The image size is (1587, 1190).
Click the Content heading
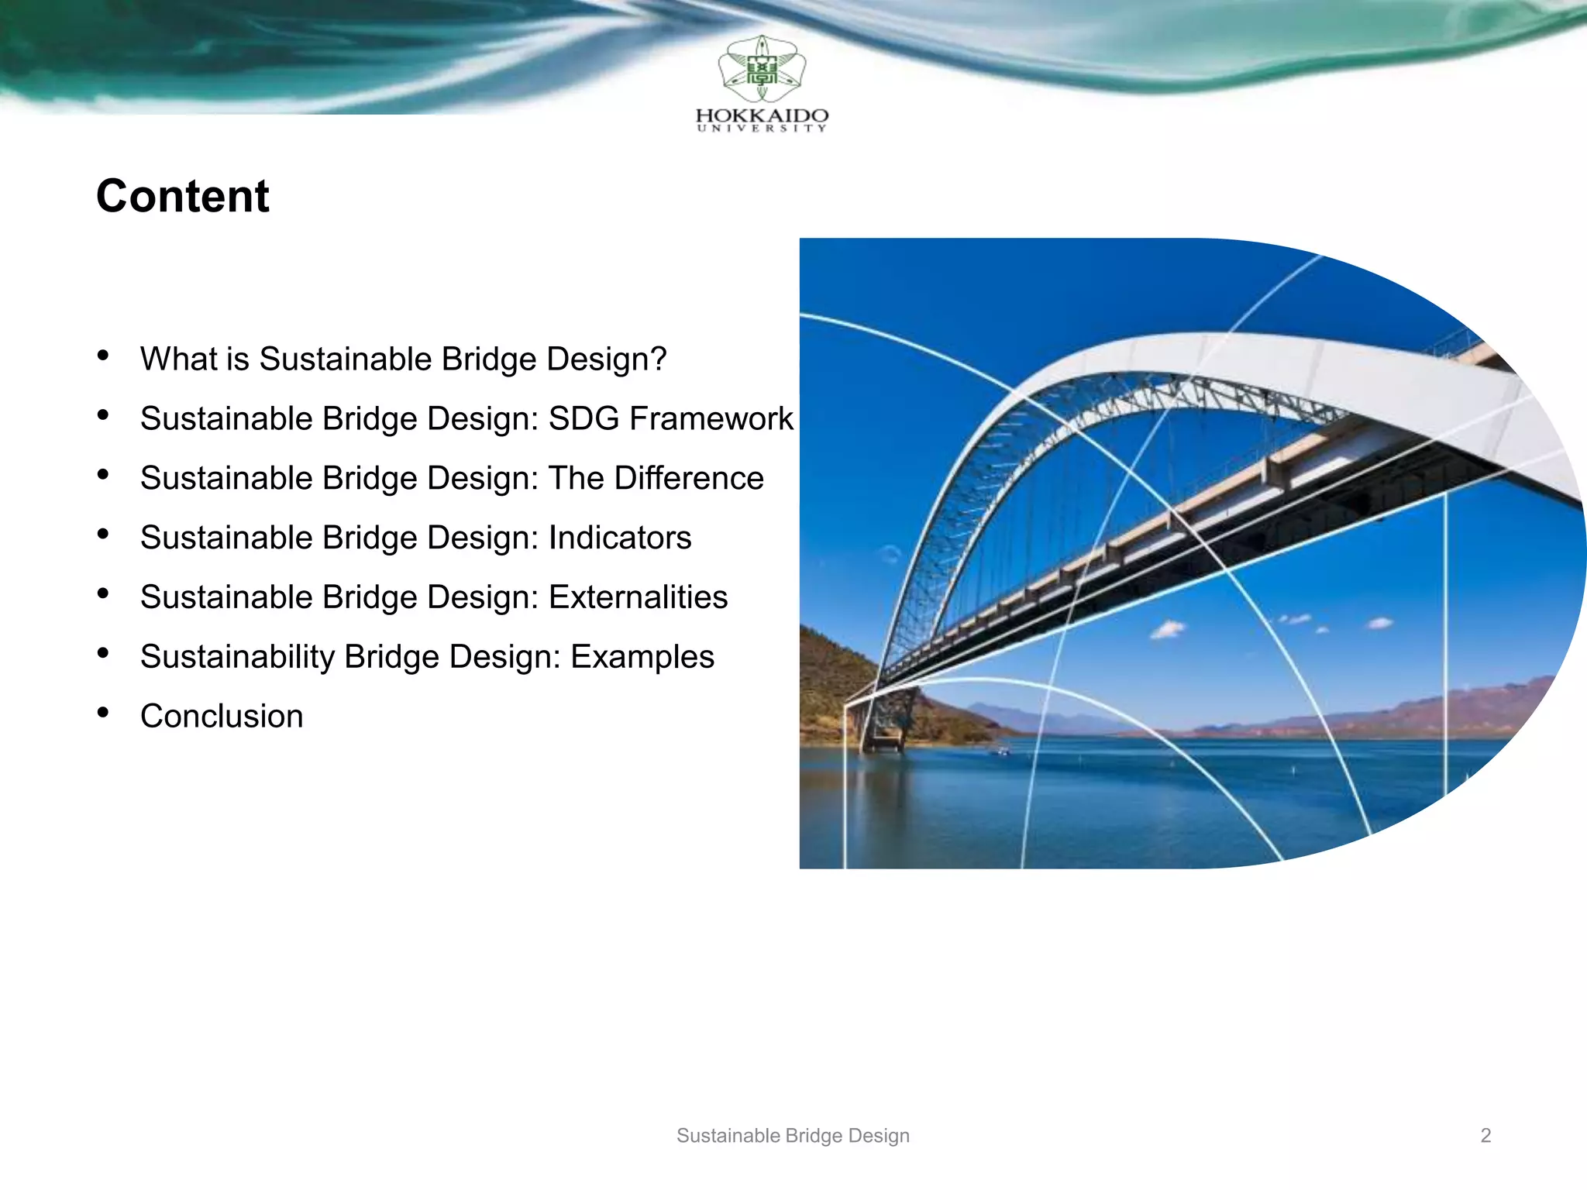point(183,196)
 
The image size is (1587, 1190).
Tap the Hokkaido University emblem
point(762,69)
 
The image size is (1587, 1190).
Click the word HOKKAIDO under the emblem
point(762,115)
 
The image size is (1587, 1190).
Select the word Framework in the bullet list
point(711,418)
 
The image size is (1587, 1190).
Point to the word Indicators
point(620,538)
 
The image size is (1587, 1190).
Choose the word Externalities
point(639,597)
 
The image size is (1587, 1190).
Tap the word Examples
point(642,657)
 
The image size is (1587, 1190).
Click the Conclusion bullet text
point(222,717)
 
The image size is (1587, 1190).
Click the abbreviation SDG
point(584,418)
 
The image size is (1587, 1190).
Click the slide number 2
point(1485,1136)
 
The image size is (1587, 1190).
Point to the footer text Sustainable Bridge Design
point(793,1136)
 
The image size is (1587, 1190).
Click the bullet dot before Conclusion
point(103,713)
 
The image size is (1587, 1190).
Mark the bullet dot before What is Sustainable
point(103,356)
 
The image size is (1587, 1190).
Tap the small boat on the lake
point(1003,750)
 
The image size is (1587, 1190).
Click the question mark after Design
point(658,359)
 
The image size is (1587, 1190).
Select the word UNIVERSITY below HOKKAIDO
point(762,129)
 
